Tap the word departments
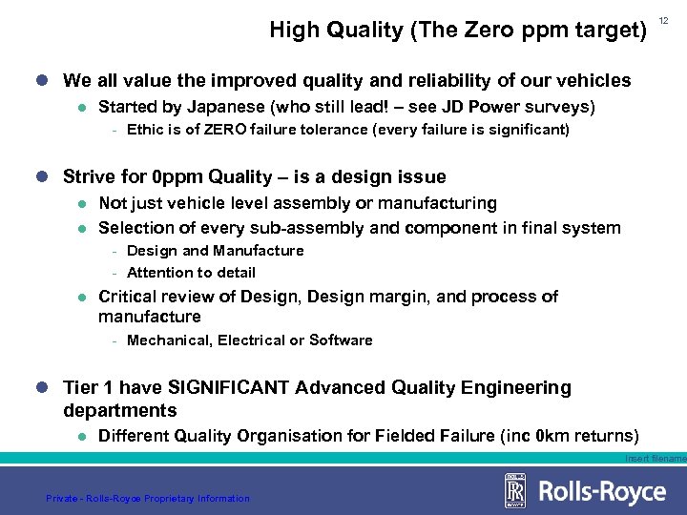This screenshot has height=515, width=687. (120, 411)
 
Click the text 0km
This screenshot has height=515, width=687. (551, 436)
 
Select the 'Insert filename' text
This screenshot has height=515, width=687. (656, 459)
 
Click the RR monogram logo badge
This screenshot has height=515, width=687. (515, 492)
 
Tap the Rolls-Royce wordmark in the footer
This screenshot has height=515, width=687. (603, 492)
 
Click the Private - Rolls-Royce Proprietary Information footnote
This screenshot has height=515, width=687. (148, 498)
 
